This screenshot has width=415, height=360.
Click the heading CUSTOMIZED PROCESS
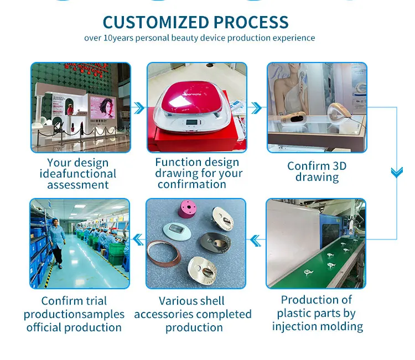click(x=196, y=22)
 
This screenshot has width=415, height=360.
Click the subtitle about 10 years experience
click(x=200, y=38)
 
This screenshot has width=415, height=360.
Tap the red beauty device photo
click(x=196, y=107)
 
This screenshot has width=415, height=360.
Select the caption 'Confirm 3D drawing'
click(x=317, y=171)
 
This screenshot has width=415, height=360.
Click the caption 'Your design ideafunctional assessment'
click(x=77, y=174)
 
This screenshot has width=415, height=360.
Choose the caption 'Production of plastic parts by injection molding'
click(x=317, y=313)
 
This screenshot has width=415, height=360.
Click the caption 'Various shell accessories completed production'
click(x=193, y=314)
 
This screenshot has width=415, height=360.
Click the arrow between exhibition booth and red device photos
click(x=139, y=107)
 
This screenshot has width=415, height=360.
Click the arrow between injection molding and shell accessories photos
click(x=256, y=240)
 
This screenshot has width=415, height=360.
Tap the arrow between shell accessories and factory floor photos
click(x=138, y=240)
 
